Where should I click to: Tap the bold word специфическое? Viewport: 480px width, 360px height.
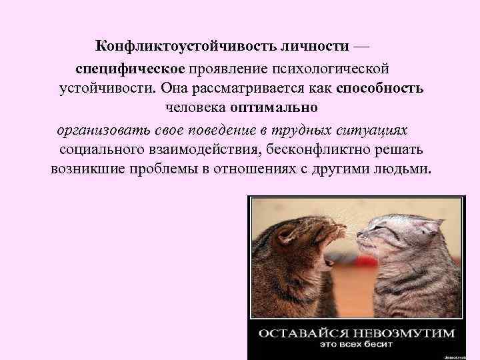(133, 69)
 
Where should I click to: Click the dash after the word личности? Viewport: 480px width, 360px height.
(360, 47)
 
